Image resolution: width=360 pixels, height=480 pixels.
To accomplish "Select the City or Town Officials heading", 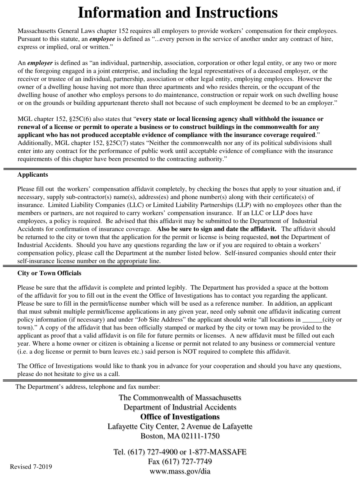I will (49, 273).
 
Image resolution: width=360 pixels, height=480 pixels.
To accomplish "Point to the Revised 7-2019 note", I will (30, 466).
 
